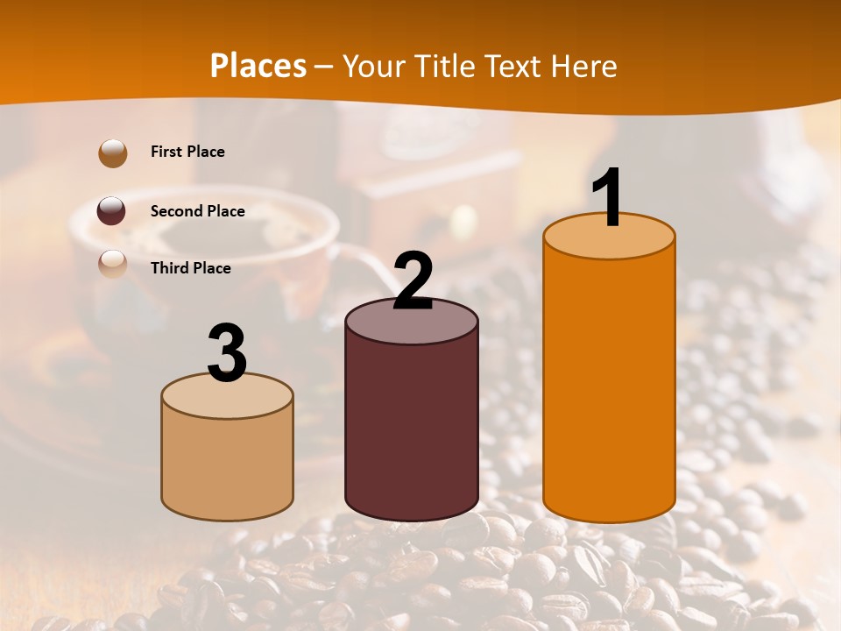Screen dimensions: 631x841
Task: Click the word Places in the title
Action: coord(258,66)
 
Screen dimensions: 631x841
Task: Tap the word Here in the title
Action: coord(584,66)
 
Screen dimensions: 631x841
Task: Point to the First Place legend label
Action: coord(187,152)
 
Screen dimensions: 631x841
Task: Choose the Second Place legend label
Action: coord(197,211)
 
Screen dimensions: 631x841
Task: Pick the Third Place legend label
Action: coord(190,268)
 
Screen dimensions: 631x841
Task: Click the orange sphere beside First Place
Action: coord(113,153)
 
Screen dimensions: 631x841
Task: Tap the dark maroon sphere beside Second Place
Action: coord(112,211)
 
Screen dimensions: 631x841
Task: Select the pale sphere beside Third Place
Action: coord(113,264)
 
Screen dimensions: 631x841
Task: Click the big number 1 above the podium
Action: coord(607,198)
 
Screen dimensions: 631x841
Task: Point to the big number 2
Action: coord(413,281)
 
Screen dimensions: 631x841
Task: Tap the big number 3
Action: coord(227,353)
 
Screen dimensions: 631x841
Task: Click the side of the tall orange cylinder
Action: coord(609,386)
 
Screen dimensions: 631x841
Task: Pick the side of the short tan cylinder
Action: coord(227,464)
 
